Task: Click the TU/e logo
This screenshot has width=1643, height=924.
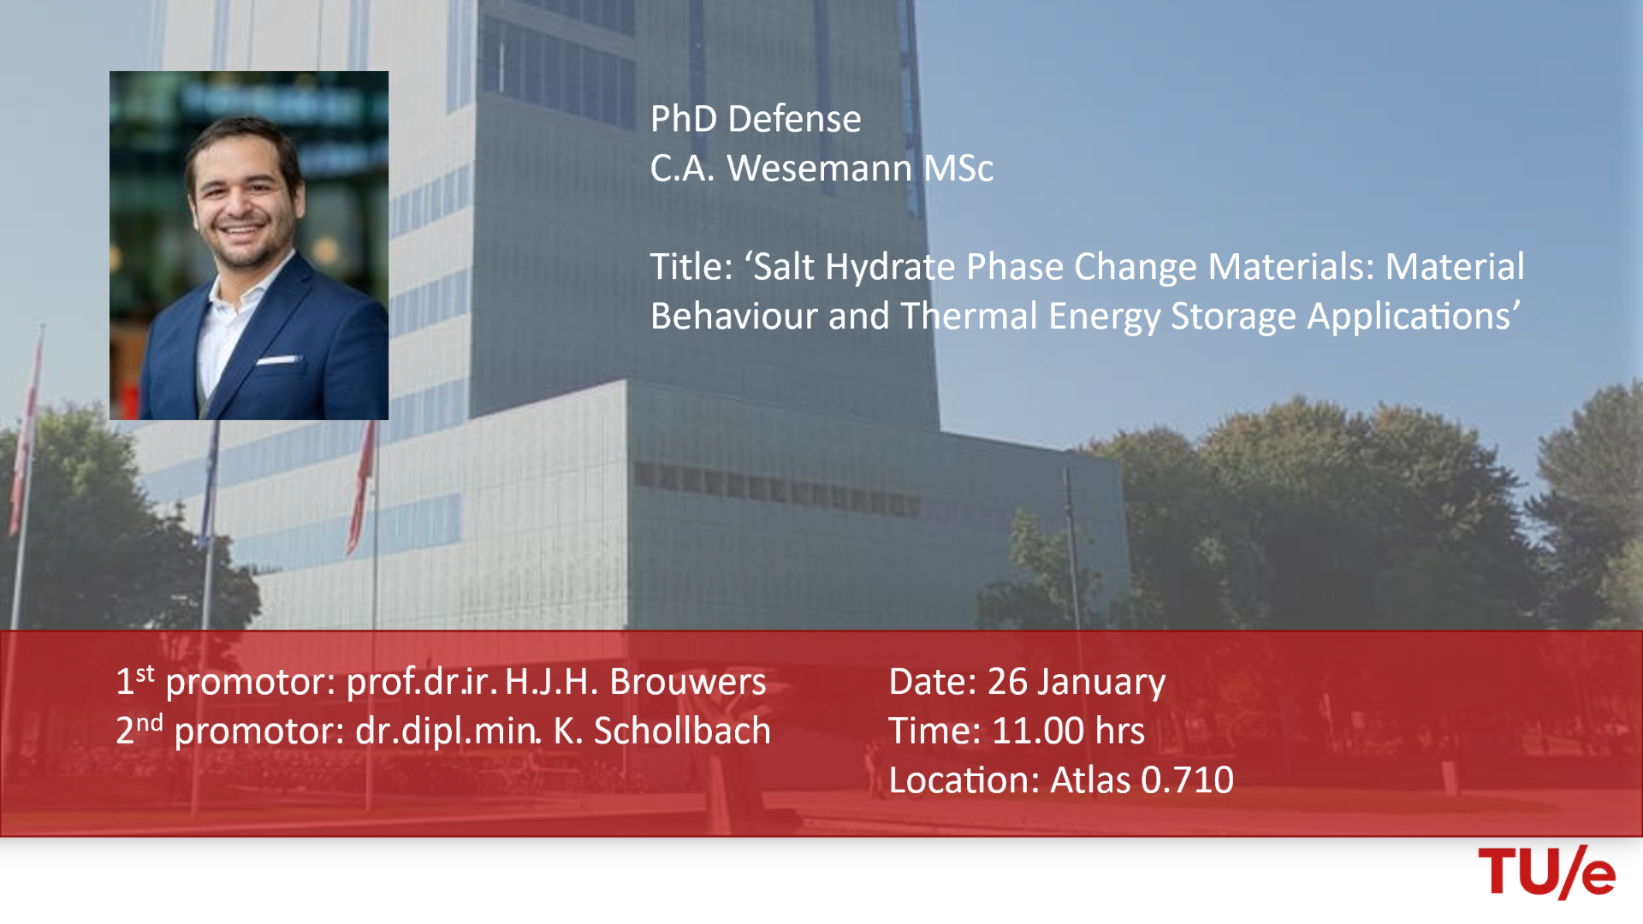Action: coord(1546,872)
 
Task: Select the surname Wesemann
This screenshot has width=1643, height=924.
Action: coord(819,169)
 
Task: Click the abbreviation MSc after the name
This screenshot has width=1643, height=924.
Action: coord(958,169)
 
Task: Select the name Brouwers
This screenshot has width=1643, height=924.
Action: coord(687,683)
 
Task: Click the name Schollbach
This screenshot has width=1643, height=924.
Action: coord(682,731)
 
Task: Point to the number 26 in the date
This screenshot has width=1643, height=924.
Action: coord(1007,683)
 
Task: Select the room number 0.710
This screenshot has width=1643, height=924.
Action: coord(1188,780)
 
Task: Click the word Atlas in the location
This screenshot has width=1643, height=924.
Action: coord(1090,780)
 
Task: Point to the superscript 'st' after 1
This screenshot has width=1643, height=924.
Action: coord(145,673)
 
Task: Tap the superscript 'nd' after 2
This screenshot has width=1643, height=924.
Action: coord(150,723)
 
